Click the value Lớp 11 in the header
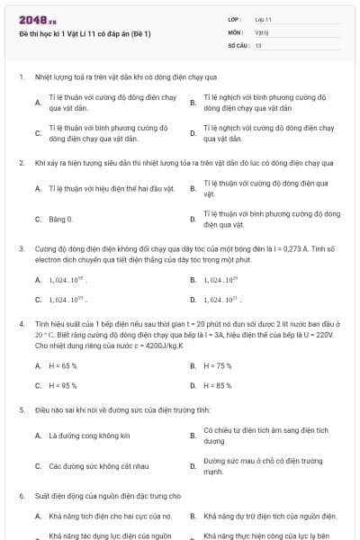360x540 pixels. tap(263, 19)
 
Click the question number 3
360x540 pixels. tap(21, 247)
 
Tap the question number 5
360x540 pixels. tap(21, 409)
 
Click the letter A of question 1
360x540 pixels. tap(38, 103)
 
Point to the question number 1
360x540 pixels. tap(21, 77)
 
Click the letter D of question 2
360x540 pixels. tap(193, 219)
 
